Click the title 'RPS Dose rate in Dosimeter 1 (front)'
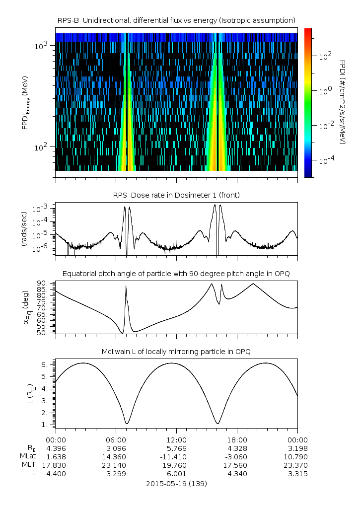point(176,195)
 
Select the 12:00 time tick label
point(176,439)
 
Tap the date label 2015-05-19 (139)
point(176,483)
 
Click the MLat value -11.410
point(176,456)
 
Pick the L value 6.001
point(176,474)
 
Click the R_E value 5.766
point(176,448)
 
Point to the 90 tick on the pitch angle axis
point(44,284)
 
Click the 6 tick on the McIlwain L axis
point(47,364)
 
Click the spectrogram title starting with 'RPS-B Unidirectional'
point(176,20)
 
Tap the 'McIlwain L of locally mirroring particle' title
point(176,352)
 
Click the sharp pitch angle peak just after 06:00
point(126,286)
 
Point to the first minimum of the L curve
point(127,424)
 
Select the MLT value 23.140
point(116,465)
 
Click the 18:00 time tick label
point(237,439)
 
